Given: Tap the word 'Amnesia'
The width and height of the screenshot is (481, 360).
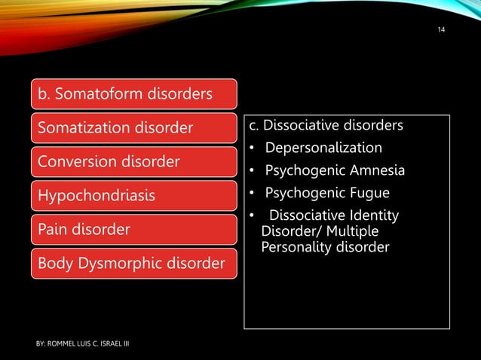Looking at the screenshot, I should pos(375,171).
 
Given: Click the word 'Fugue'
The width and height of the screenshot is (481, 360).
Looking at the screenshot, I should pos(370,194).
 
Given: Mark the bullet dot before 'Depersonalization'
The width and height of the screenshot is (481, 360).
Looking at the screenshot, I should pos(250,148).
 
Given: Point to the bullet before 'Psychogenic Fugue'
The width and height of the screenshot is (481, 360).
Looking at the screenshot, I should pos(250,195).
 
